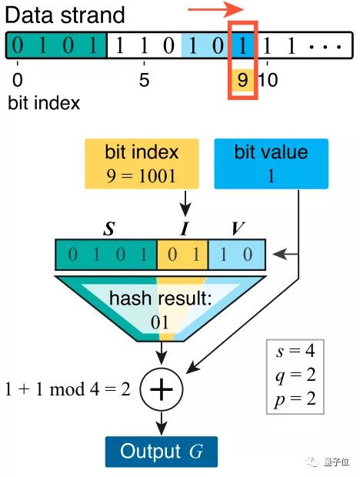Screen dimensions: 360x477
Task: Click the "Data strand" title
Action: pyautogui.click(x=65, y=15)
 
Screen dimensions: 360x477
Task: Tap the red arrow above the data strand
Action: pyautogui.click(x=216, y=9)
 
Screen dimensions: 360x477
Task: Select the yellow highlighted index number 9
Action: pyautogui.click(x=242, y=80)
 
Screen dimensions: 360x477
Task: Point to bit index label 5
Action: pyautogui.click(x=144, y=80)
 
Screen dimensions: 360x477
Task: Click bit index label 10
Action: pyautogui.click(x=268, y=80)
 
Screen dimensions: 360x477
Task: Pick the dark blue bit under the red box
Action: pyautogui.click(x=242, y=45)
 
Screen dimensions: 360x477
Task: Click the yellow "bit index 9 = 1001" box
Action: pyautogui.click(x=142, y=164)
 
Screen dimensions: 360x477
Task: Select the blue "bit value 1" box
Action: pyautogui.click(x=272, y=164)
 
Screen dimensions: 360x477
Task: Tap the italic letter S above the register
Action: pyautogui.click(x=109, y=228)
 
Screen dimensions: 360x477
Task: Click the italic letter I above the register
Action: pyautogui.click(x=185, y=228)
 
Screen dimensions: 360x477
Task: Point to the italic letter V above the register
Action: pyautogui.click(x=238, y=228)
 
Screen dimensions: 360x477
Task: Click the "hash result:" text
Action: pyautogui.click(x=160, y=298)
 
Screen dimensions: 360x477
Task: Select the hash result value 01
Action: pyautogui.click(x=160, y=322)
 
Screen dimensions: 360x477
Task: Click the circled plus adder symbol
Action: pyautogui.click(x=162, y=389)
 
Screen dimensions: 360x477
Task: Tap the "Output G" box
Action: pyautogui.click(x=162, y=452)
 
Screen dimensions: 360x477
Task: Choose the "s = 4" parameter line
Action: pyautogui.click(x=295, y=351)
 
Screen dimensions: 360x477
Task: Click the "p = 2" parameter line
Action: pyautogui.click(x=295, y=399)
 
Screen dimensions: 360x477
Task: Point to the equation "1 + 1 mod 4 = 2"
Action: pyautogui.click(x=68, y=389)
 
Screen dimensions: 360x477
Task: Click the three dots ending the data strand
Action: pyautogui.click(x=325, y=46)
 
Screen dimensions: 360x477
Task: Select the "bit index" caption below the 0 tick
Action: pyautogui.click(x=44, y=103)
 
